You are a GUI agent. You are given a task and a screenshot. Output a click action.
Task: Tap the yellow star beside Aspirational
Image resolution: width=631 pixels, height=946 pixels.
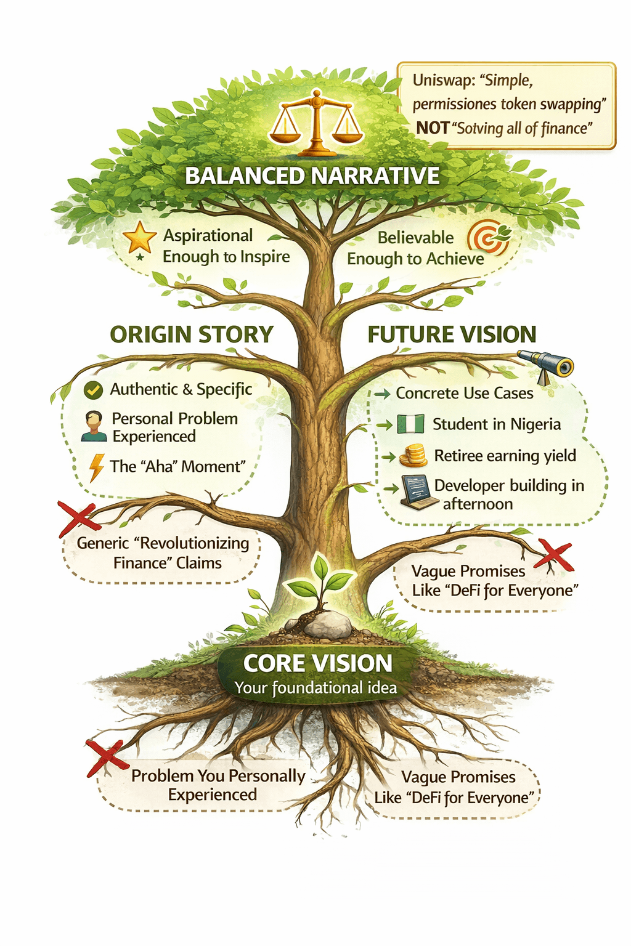[x=140, y=238]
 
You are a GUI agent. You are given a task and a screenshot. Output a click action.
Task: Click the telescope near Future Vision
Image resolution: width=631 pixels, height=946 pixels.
[x=546, y=365]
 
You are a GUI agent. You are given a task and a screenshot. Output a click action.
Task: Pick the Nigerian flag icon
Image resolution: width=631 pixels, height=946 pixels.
[x=410, y=424]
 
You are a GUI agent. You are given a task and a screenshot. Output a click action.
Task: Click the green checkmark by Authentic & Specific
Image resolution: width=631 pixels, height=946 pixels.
[x=93, y=390]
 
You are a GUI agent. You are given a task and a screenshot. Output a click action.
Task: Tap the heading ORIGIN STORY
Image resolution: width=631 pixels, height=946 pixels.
[x=192, y=334]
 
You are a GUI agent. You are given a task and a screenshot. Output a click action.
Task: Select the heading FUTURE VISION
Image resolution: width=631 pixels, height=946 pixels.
[x=452, y=334]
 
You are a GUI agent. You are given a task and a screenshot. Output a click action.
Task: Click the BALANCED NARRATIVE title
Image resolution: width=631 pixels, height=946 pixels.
[x=312, y=176]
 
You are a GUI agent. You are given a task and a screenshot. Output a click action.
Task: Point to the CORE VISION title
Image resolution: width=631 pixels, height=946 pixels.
[x=317, y=663]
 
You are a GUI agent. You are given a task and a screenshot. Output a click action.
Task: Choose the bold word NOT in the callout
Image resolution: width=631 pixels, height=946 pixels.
[x=432, y=128]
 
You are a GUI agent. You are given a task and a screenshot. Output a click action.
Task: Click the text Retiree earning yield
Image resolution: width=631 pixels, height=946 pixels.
[x=505, y=456]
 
